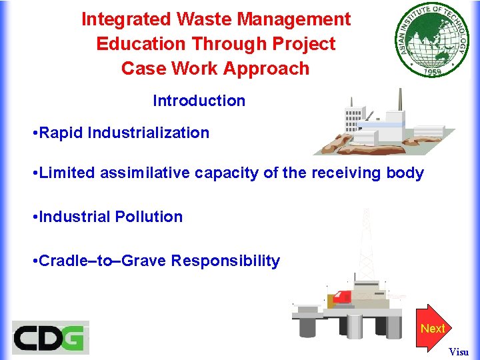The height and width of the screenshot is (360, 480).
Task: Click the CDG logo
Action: click(x=50, y=337)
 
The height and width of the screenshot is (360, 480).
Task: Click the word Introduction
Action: click(x=199, y=101)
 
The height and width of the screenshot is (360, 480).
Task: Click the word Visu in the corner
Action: click(x=458, y=351)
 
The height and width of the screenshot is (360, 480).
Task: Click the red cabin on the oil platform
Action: click(x=343, y=297)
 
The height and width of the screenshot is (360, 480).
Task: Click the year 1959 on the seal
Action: click(x=437, y=69)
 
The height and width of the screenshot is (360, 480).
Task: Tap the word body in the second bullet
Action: click(x=407, y=173)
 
